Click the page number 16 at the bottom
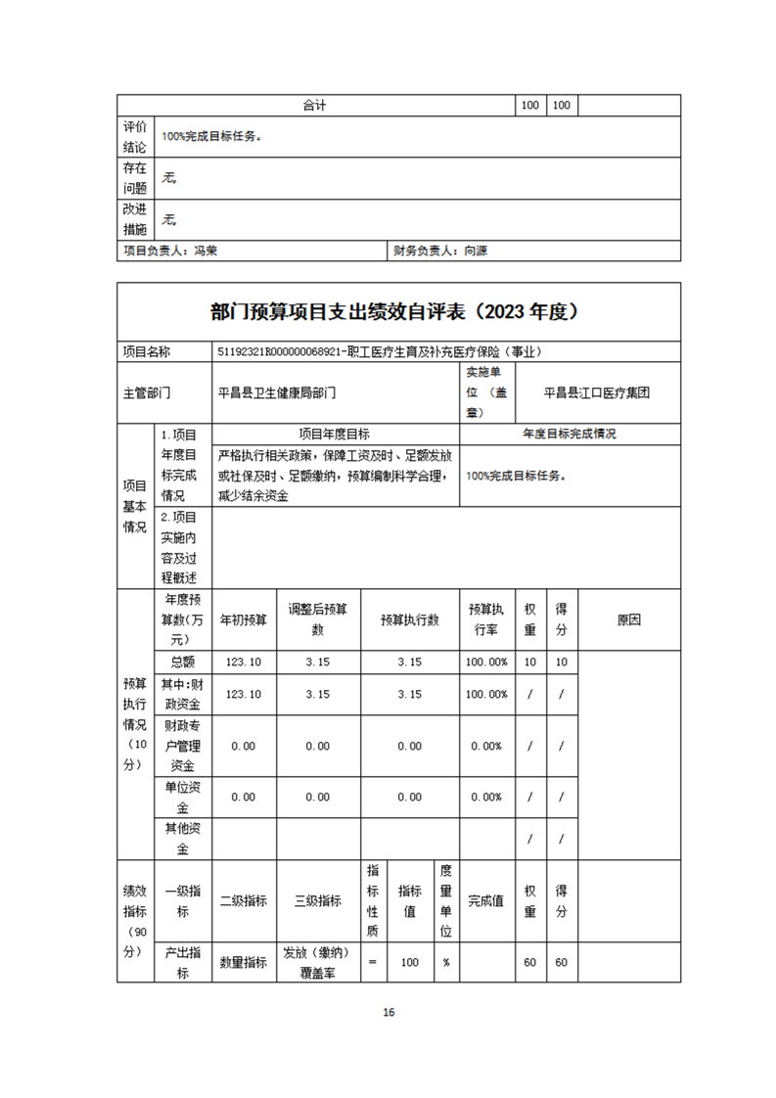click(x=388, y=1012)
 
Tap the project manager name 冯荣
click(x=205, y=252)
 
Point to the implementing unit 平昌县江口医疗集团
click(x=597, y=393)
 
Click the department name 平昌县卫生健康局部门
click(x=277, y=393)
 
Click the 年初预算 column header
click(x=243, y=620)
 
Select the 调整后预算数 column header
click(x=317, y=619)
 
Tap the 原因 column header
click(x=629, y=620)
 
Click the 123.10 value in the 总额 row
click(x=243, y=663)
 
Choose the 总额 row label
click(x=182, y=663)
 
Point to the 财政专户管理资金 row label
click(x=182, y=746)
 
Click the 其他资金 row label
click(x=182, y=838)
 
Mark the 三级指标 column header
click(x=317, y=901)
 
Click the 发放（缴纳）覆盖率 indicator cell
click(x=317, y=963)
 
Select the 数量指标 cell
click(x=243, y=963)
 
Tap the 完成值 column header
click(x=485, y=901)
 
